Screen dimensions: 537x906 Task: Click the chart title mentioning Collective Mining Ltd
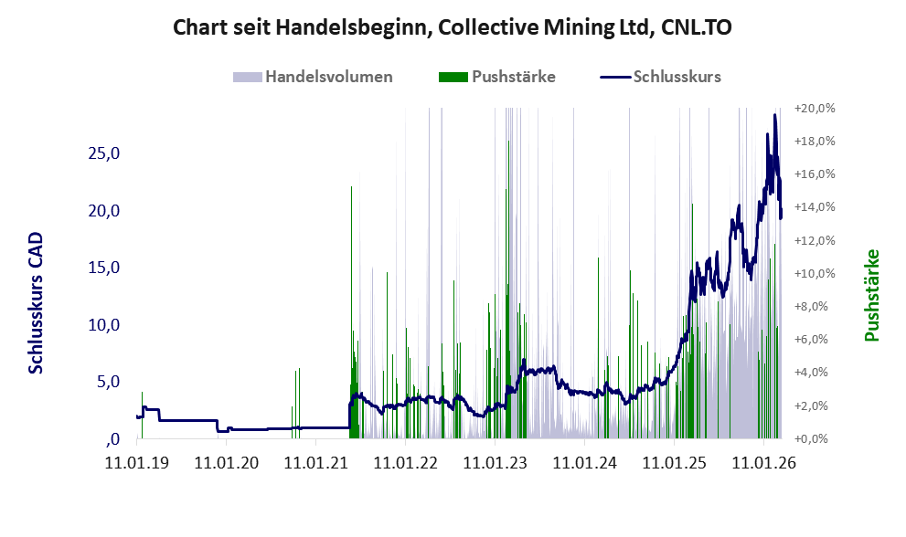[453, 28]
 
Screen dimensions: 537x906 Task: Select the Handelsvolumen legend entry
[329, 77]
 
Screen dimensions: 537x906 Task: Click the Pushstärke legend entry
[513, 77]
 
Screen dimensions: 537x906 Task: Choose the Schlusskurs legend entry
[677, 77]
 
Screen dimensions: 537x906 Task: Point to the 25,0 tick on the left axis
[104, 153]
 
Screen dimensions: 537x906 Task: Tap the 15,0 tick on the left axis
[104, 268]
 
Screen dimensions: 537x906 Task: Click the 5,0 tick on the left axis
[109, 382]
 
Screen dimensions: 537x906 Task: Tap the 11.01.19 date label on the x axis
[138, 463]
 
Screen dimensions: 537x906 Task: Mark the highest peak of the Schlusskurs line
[775, 115]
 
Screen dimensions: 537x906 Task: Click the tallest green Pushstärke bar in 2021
[352, 187]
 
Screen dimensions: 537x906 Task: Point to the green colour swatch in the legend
[453, 77]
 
